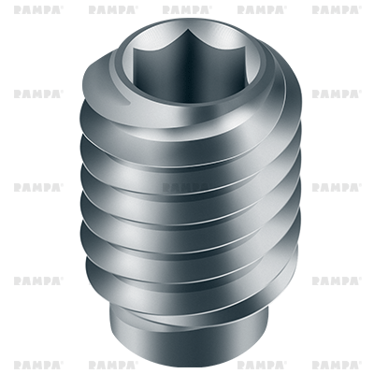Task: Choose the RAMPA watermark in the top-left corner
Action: pos(38,9)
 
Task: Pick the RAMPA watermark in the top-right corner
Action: pos(336,9)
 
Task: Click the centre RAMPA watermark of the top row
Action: pos(187,9)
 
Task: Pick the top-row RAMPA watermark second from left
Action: pos(112,9)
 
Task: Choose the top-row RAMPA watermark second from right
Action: pos(262,9)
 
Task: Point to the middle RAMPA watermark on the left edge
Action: pos(38,187)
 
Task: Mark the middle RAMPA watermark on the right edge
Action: pos(336,187)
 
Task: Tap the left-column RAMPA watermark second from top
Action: pos(38,93)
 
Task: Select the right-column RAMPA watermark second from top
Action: pos(336,93)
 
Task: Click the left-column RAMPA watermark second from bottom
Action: pos(38,280)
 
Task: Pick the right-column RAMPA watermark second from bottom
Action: pos(336,280)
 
